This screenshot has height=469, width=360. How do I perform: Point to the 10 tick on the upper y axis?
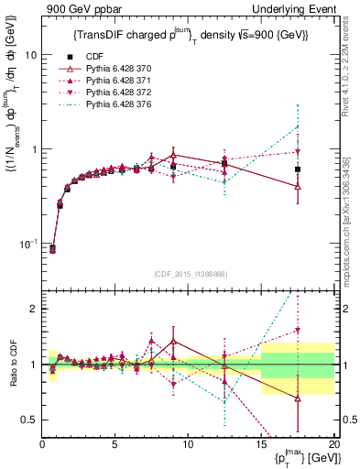[x=29, y=55]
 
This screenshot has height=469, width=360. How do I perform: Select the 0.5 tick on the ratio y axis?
[x=28, y=420]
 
